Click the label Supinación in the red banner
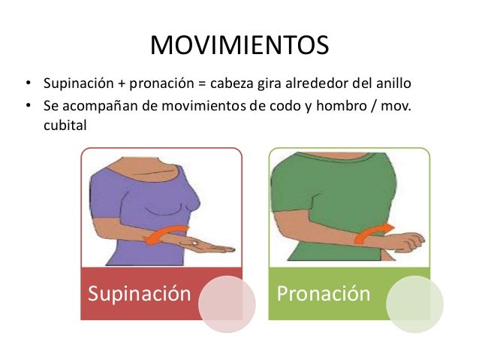click(x=139, y=292)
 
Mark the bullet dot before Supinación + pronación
click(x=28, y=82)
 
